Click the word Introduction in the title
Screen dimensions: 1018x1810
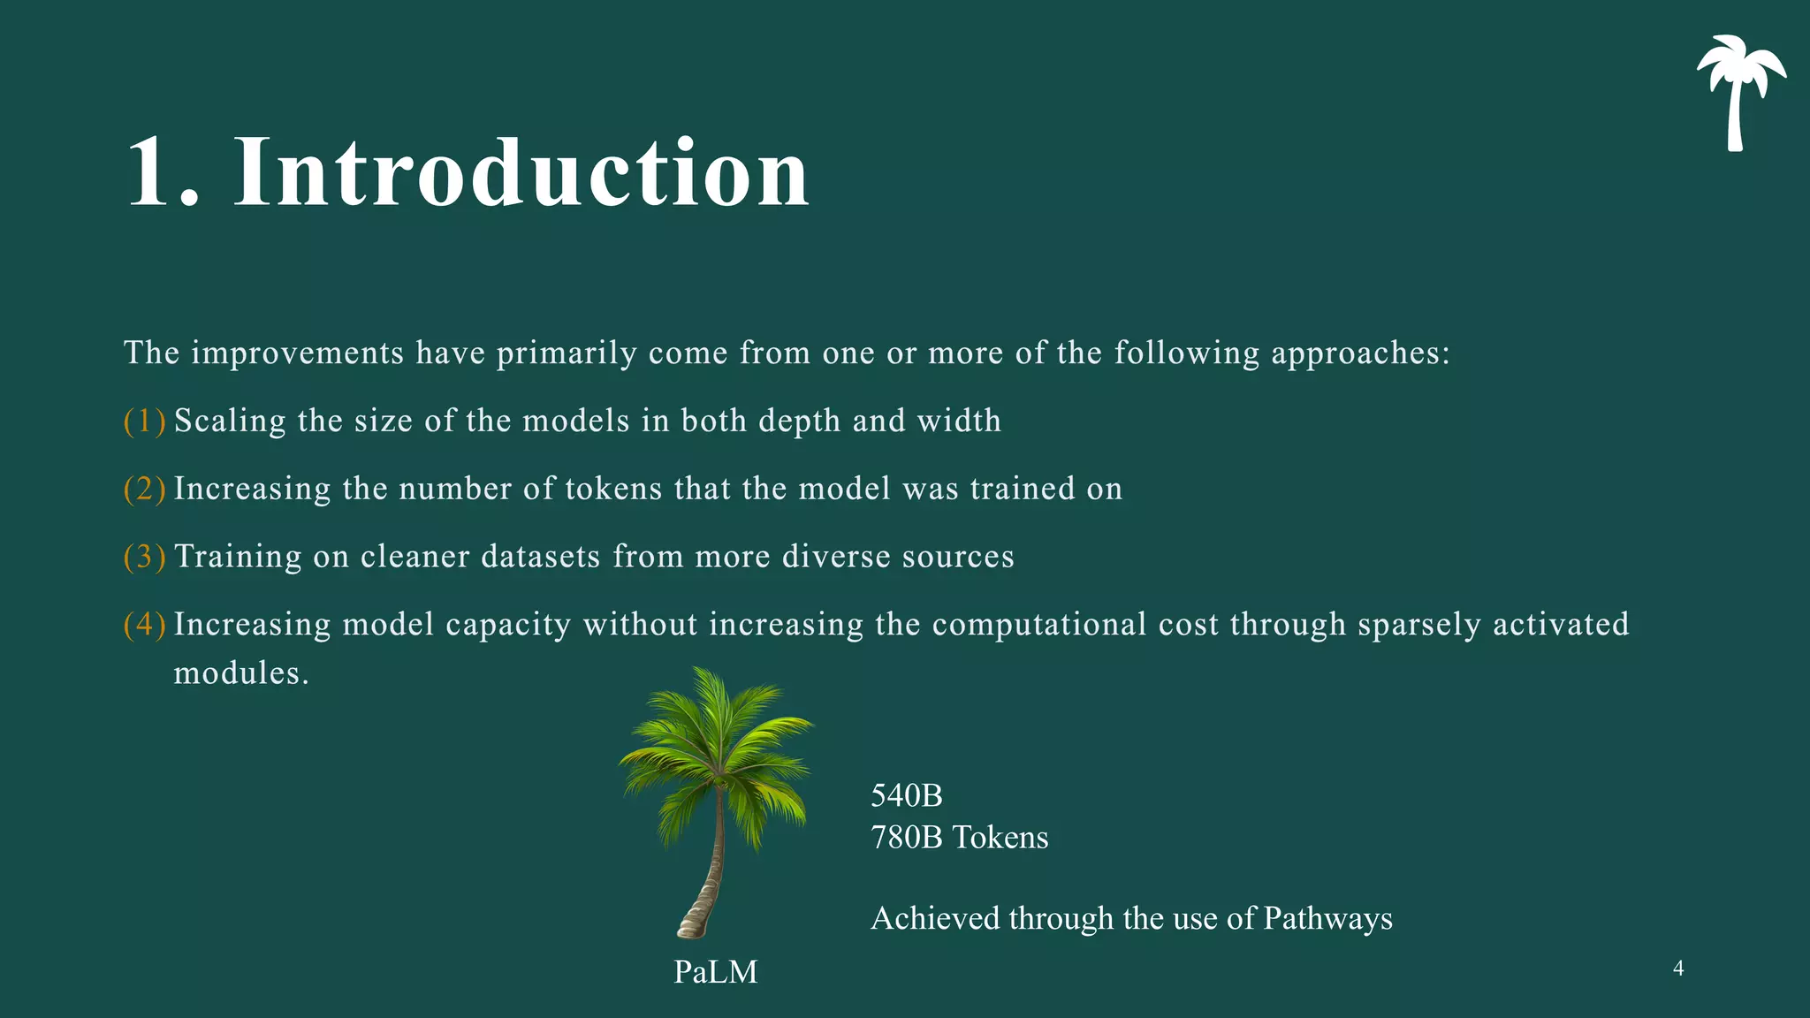[x=521, y=173]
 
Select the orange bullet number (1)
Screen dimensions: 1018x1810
[x=145, y=422]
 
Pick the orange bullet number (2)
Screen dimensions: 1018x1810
[x=145, y=490]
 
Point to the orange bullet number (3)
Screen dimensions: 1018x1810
[x=145, y=558]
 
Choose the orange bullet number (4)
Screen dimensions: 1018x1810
[x=145, y=626]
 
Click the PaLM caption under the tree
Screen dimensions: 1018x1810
[x=716, y=972]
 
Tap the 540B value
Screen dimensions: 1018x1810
[x=907, y=796]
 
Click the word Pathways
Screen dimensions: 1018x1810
[x=1327, y=919]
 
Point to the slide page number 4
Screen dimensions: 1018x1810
[x=1678, y=969]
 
